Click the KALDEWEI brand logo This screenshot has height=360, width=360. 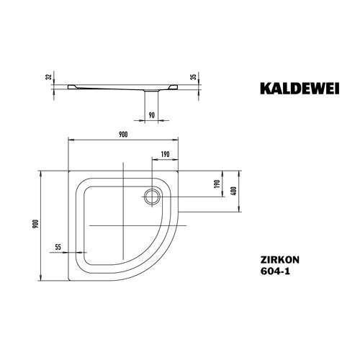click(x=300, y=89)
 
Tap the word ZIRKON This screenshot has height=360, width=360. click(x=280, y=260)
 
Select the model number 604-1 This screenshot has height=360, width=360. click(x=275, y=271)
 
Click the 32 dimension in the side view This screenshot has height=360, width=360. click(x=49, y=77)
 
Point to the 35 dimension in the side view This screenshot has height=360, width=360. click(x=194, y=76)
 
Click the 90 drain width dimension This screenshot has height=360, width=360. click(x=151, y=115)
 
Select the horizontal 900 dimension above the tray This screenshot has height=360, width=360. click(x=123, y=135)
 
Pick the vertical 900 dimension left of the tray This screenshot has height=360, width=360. click(x=36, y=224)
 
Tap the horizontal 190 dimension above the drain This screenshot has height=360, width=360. click(x=165, y=154)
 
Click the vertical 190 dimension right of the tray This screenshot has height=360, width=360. click(x=217, y=184)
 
